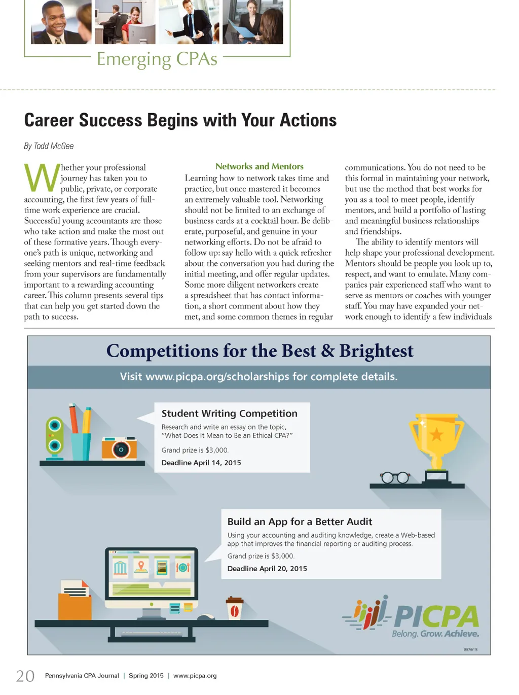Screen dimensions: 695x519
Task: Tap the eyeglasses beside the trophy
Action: pyautogui.click(x=395, y=477)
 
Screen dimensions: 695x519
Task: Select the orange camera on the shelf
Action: pyautogui.click(x=120, y=448)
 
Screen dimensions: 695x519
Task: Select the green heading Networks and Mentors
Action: pyautogui.click(x=259, y=166)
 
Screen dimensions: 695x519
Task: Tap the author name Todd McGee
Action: pyautogui.click(x=54, y=146)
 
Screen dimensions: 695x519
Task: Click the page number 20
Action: pyautogui.click(x=25, y=676)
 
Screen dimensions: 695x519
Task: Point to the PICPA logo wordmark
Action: pyautogui.click(x=436, y=616)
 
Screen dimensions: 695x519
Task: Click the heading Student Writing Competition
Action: pyautogui.click(x=229, y=413)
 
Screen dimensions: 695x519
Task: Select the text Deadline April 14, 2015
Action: pyautogui.click(x=201, y=463)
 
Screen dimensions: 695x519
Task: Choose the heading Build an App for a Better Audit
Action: pyautogui.click(x=300, y=522)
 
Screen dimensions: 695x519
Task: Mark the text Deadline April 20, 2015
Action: pyautogui.click(x=267, y=569)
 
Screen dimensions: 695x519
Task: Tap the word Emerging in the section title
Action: pyautogui.click(x=134, y=60)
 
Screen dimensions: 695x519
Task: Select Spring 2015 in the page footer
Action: pyautogui.click(x=146, y=676)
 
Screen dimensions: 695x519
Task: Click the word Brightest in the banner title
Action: pyautogui.click(x=376, y=351)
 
